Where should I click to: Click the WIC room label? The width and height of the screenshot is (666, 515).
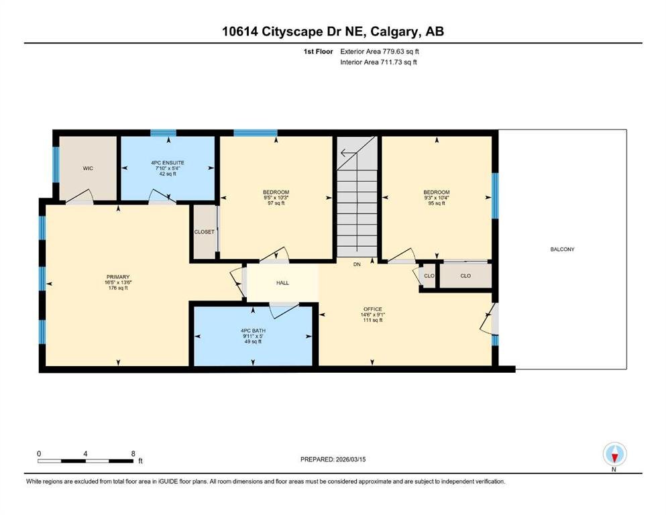coord(88,168)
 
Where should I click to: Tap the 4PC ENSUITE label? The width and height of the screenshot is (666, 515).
coord(168,162)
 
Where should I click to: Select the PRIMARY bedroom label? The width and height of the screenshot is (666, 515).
coord(118,277)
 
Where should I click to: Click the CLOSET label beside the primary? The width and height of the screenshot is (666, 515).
coord(205,232)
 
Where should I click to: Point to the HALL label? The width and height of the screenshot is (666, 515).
coord(282,283)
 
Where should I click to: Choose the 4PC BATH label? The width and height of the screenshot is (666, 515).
coord(253,331)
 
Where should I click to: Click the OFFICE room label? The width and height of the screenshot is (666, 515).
coord(373,309)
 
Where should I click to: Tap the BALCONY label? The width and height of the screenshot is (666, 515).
coord(562,249)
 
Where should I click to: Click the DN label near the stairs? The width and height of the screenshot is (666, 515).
coord(357,264)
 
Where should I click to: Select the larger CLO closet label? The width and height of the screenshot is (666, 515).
coord(465,276)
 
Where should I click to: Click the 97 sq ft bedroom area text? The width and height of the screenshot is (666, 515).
coord(276,203)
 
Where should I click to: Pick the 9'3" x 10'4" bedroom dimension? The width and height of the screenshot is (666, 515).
coord(437,197)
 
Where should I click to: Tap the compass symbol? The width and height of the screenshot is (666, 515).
coord(614,454)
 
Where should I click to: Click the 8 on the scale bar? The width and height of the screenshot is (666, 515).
coord(133,453)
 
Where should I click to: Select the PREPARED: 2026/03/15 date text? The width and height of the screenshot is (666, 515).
coord(333,459)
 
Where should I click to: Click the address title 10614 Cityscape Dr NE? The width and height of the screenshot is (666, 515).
coord(295,32)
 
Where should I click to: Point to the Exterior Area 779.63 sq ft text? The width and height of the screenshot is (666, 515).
coord(380,52)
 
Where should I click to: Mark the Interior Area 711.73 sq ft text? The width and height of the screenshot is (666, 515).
coord(378,62)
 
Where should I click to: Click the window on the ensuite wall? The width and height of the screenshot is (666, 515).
coord(163,133)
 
